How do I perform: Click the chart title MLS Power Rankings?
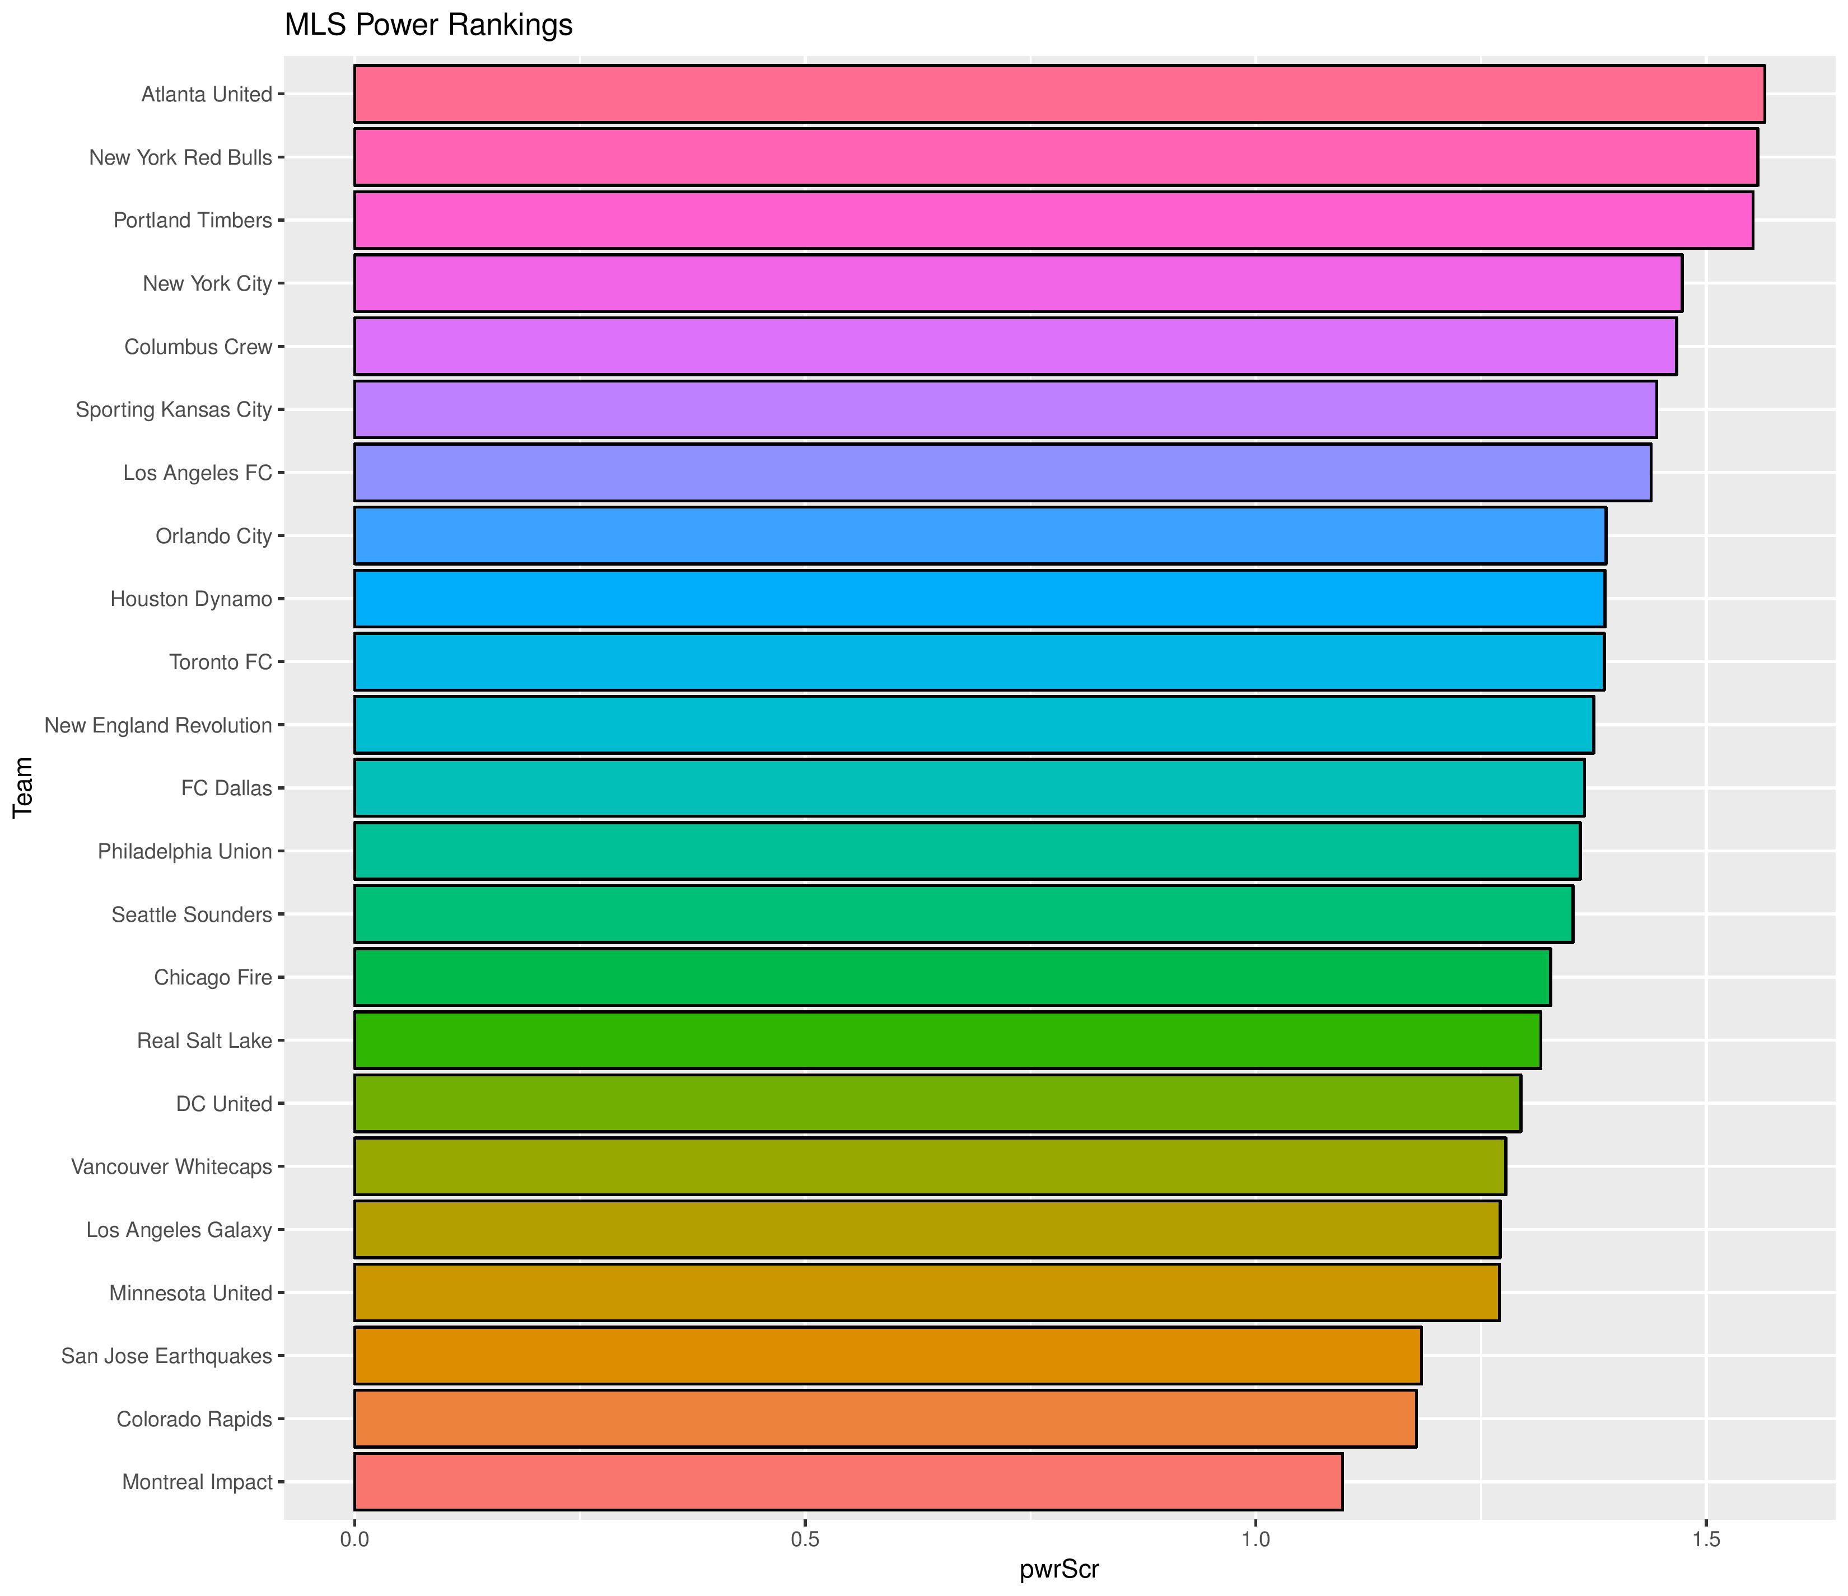428,25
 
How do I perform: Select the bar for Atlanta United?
1058,94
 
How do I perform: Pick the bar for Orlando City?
979,535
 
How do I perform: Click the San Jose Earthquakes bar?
888,1356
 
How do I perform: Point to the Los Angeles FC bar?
1002,472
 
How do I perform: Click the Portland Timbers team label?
193,220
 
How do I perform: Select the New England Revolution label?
158,725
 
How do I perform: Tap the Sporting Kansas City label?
174,409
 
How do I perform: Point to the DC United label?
224,1104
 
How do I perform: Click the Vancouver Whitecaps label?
171,1167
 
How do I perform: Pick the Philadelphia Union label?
185,851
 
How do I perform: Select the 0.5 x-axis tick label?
805,1539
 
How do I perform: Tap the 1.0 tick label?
1255,1539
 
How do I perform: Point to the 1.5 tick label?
1705,1539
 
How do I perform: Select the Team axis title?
23,787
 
